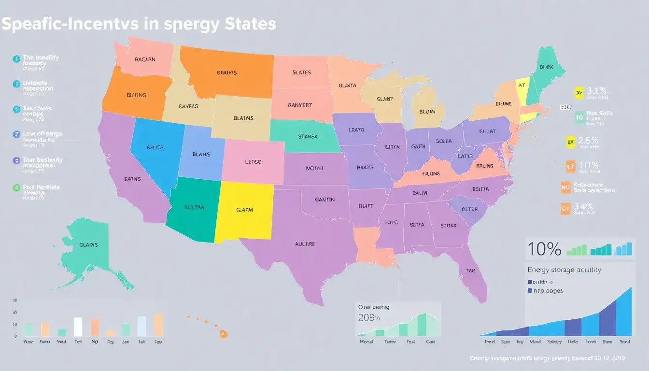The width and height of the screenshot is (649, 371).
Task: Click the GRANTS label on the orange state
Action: point(226,73)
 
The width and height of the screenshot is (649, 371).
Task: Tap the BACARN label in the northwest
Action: point(145,60)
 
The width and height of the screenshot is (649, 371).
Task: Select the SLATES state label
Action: point(301,72)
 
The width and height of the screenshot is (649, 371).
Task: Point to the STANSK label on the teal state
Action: point(307,137)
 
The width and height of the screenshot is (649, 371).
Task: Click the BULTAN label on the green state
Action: point(195,207)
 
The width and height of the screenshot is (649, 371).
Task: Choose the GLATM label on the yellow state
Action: point(245,210)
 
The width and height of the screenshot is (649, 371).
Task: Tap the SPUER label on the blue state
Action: point(155,147)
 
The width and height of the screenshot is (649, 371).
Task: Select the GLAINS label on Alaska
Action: point(88,245)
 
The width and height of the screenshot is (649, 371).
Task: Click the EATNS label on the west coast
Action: point(132,179)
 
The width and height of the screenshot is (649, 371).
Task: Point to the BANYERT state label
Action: point(300,105)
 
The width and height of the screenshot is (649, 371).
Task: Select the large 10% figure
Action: point(544,249)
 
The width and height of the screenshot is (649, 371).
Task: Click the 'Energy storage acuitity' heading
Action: point(564,270)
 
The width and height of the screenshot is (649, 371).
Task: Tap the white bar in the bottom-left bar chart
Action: point(78,327)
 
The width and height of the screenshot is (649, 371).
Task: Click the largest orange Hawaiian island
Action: point(223,333)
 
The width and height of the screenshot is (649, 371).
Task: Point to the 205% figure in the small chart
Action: point(369,317)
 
